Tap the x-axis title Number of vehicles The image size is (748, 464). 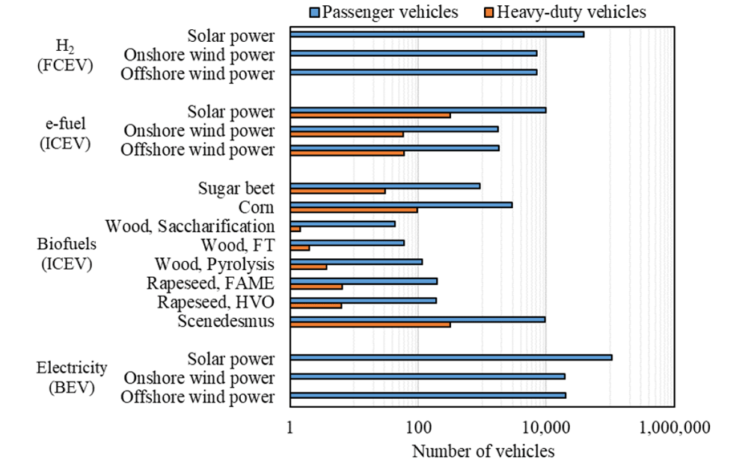point(483,451)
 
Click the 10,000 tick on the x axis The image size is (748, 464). point(546,429)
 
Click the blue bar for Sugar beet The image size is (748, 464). point(385,186)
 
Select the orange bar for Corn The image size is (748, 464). point(354,210)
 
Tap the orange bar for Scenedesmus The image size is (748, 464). point(370,324)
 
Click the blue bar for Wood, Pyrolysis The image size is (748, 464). point(356,261)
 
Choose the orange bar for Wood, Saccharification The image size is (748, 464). point(295,228)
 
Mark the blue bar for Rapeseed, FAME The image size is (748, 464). point(364,281)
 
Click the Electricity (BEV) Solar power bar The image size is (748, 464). point(451,357)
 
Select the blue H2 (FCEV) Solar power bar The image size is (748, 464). point(437,34)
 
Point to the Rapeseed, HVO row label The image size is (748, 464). point(216,302)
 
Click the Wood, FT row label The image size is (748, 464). point(238,245)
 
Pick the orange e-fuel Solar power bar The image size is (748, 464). point(370,115)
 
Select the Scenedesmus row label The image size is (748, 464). point(227,321)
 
